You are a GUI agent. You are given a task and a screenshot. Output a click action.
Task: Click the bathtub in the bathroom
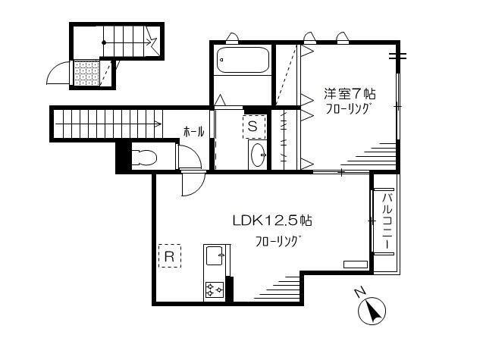click(241, 61)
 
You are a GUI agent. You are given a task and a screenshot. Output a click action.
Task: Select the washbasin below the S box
click(258, 154)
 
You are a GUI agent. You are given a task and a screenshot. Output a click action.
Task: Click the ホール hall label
click(193, 132)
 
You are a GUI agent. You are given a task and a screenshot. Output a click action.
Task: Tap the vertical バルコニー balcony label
click(387, 224)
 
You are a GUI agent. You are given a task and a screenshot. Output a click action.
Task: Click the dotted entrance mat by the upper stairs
click(86, 74)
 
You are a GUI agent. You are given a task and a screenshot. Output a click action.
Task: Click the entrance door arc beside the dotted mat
click(58, 73)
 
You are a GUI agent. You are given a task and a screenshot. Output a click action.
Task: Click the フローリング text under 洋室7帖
click(348, 109)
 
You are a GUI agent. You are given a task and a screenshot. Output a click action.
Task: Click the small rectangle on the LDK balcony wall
click(355, 265)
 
